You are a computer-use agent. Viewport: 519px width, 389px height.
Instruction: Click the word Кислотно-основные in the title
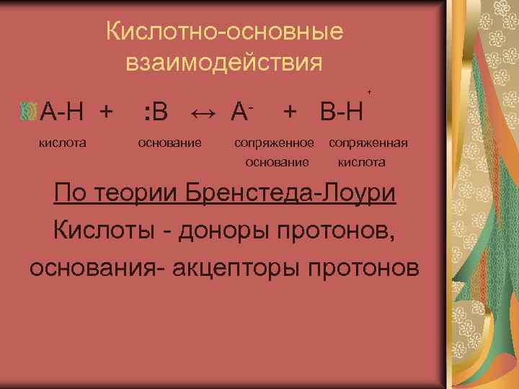coord(223,32)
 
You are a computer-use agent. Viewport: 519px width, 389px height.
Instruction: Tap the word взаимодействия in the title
coord(223,63)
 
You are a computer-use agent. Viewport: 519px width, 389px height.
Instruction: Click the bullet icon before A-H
coord(29,111)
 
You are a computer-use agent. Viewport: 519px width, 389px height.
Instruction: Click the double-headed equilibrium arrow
coord(205,112)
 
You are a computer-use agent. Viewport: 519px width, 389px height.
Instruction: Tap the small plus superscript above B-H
coord(370,92)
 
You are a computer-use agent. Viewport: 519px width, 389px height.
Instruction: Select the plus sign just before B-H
coord(290,112)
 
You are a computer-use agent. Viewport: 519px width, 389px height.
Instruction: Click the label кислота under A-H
coord(62,143)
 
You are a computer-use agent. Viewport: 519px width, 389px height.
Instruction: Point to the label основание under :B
coord(169,143)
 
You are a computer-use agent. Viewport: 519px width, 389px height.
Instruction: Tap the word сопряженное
coord(274,143)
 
